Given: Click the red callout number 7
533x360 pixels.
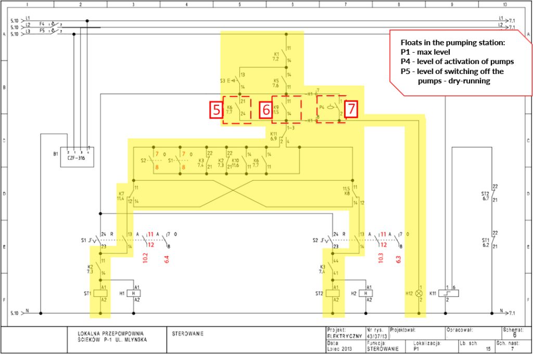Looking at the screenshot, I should point(351,110).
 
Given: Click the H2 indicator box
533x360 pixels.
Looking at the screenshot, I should point(367,293).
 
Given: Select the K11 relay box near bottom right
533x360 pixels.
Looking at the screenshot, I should point(451,293).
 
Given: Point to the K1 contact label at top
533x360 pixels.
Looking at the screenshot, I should point(276,56).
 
